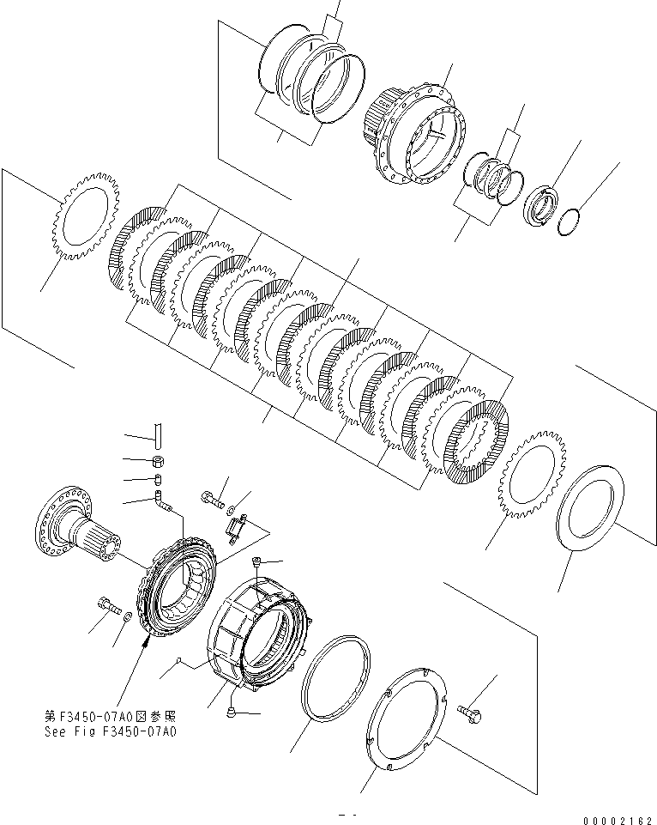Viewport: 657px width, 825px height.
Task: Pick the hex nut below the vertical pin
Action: tap(160, 461)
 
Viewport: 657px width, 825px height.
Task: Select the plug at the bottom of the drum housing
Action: tap(232, 712)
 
